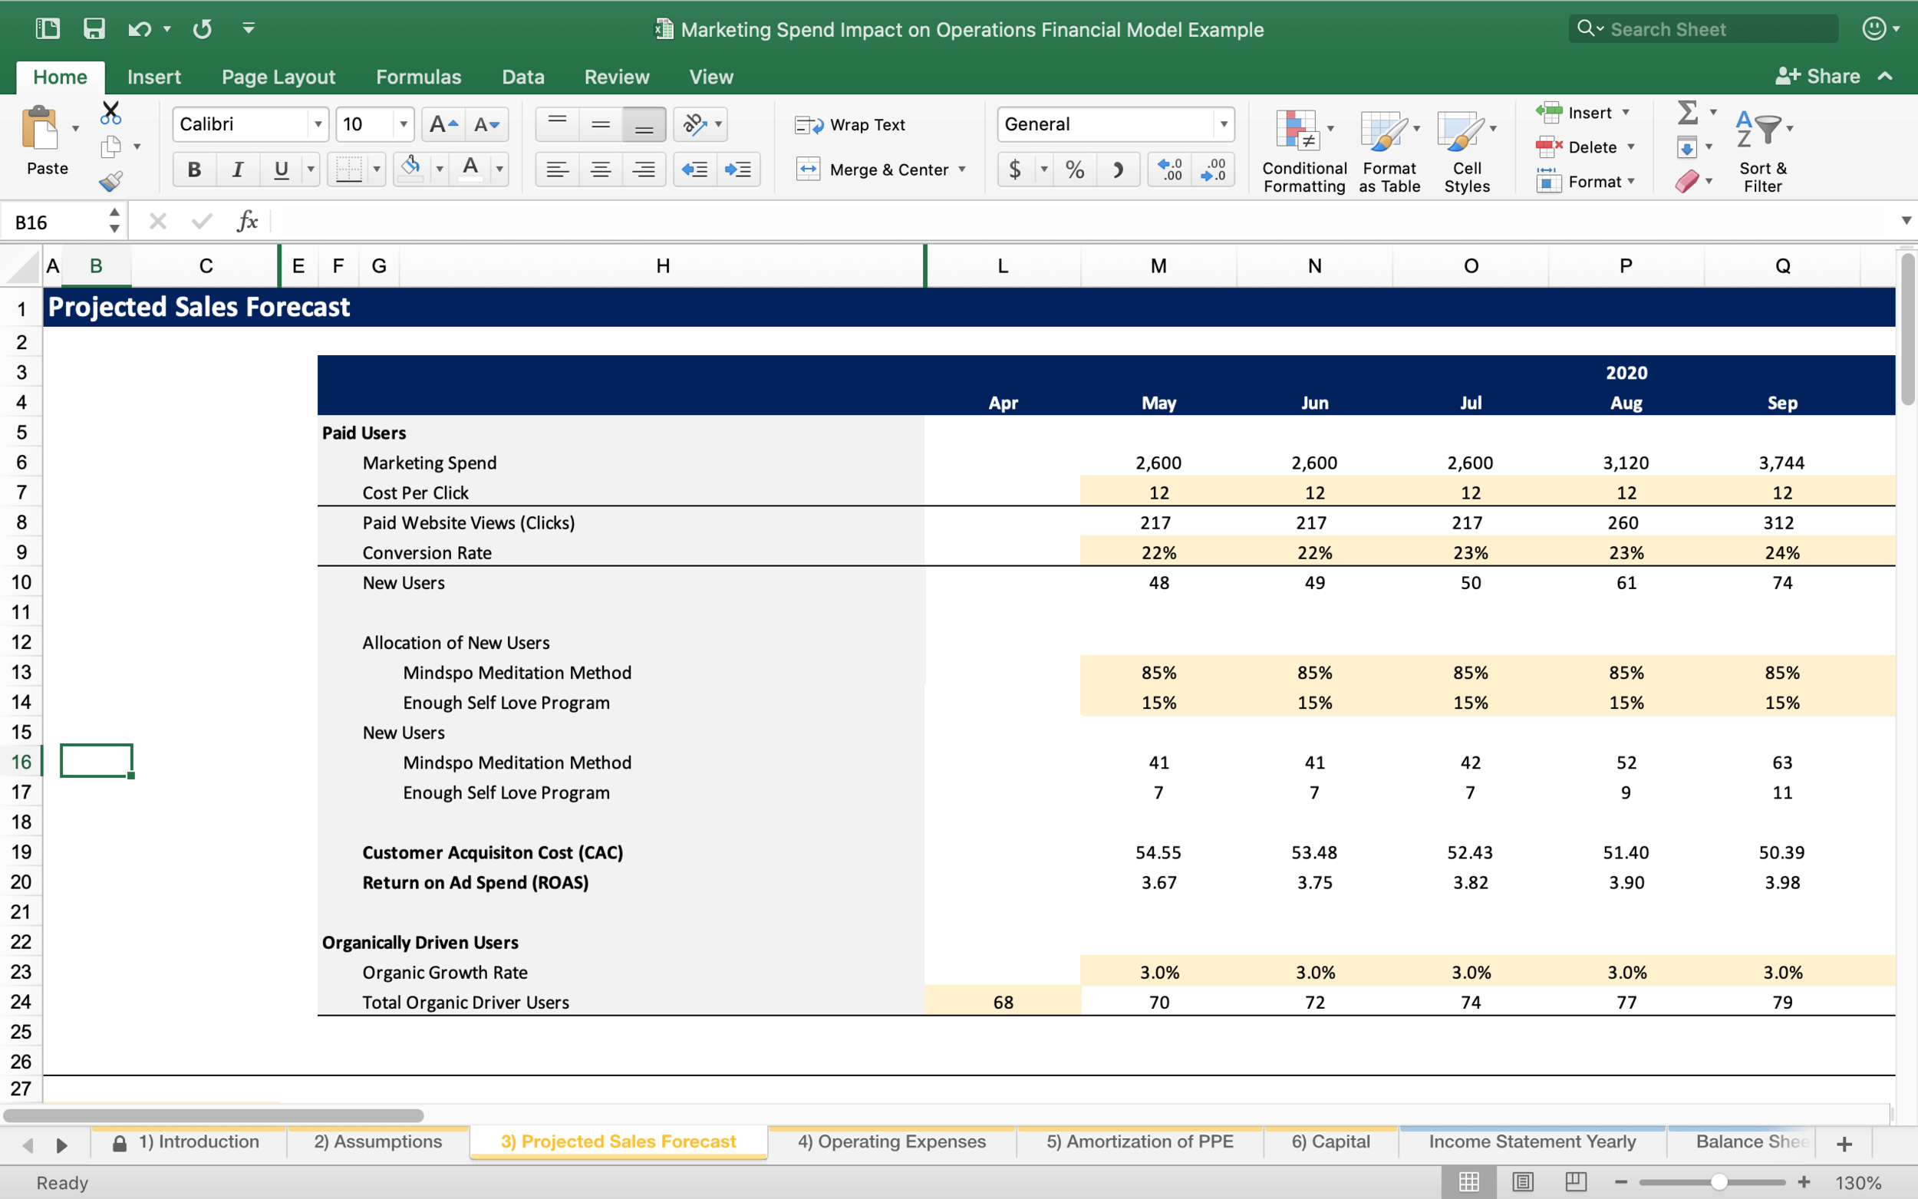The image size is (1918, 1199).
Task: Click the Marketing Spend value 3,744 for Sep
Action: pyautogui.click(x=1781, y=463)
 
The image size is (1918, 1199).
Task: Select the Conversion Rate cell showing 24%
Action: pyautogui.click(x=1781, y=553)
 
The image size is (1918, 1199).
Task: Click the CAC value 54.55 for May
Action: pyautogui.click(x=1158, y=852)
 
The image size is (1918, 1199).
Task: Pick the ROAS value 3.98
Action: pyautogui.click(x=1781, y=883)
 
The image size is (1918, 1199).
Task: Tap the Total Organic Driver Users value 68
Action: pyautogui.click(x=1003, y=1003)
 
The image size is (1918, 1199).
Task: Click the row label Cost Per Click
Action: pyautogui.click(x=415, y=492)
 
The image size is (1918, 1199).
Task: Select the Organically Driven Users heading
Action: pyautogui.click(x=420, y=942)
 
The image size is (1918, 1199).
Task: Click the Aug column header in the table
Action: pyautogui.click(x=1626, y=403)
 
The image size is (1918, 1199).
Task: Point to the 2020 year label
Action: pyautogui.click(x=1626, y=373)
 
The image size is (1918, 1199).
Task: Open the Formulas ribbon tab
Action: pyautogui.click(x=418, y=77)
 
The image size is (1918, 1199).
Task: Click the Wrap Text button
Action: pyautogui.click(x=851, y=124)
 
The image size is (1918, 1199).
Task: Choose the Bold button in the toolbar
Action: pyautogui.click(x=193, y=170)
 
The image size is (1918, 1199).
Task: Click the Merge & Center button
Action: pyautogui.click(x=880, y=170)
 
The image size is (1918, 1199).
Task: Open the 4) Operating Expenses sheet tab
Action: pyautogui.click(x=891, y=1142)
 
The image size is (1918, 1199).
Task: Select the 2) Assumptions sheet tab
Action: pyautogui.click(x=377, y=1142)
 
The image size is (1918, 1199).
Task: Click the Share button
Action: pyautogui.click(x=1818, y=76)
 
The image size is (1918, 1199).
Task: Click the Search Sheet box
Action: pyautogui.click(x=1702, y=29)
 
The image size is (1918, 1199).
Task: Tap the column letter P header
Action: pyautogui.click(x=1626, y=266)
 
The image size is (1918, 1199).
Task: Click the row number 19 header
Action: pyautogui.click(x=21, y=852)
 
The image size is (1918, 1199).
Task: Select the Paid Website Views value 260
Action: pyautogui.click(x=1623, y=522)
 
